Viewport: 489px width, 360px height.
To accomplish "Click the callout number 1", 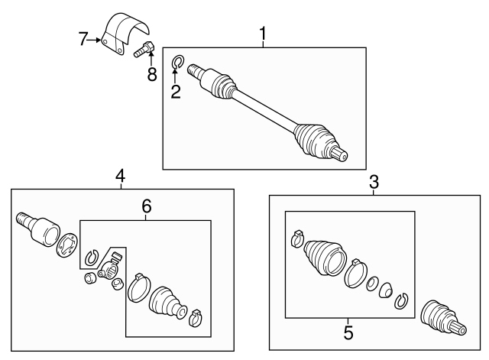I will (264, 34).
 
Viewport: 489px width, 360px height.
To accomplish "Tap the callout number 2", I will (176, 92).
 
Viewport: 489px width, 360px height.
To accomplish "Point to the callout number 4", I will (120, 177).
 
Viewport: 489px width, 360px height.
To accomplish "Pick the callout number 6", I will (146, 206).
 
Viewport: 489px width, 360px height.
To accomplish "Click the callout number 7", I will (84, 39).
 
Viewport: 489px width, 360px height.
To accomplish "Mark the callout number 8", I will (151, 74).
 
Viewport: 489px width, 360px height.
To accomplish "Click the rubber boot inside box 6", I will (167, 301).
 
